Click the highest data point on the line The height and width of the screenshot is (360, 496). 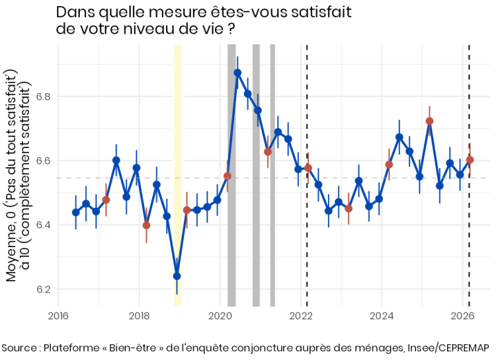(238, 72)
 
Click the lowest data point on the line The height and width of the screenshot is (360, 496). (177, 276)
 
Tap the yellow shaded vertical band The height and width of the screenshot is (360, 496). (178, 172)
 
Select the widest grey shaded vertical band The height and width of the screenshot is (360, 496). (231, 172)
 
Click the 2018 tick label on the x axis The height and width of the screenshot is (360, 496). (139, 317)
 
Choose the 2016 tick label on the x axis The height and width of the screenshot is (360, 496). (58, 317)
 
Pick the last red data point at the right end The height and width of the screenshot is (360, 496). (470, 160)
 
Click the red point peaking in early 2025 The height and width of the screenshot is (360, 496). (429, 121)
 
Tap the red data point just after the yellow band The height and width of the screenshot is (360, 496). (187, 210)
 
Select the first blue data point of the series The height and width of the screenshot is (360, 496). (76, 212)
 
